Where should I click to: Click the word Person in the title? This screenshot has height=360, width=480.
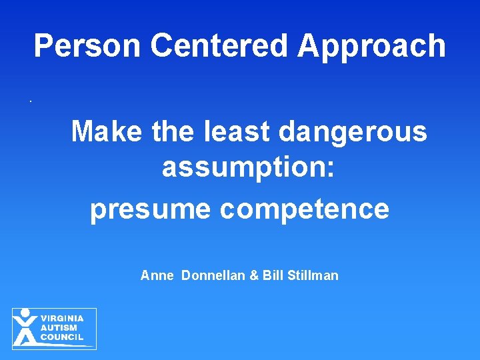(x=88, y=46)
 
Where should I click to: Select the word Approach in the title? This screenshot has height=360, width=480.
(x=371, y=46)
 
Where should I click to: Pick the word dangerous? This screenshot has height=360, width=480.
(x=353, y=132)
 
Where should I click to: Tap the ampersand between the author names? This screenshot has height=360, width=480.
(x=254, y=275)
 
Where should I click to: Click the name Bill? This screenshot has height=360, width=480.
(x=273, y=275)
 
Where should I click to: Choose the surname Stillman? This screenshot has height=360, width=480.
(x=313, y=275)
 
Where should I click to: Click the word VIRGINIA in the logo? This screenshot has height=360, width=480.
(x=62, y=319)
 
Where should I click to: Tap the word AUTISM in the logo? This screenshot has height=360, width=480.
(x=59, y=328)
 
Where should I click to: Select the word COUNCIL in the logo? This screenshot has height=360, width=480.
(x=62, y=337)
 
